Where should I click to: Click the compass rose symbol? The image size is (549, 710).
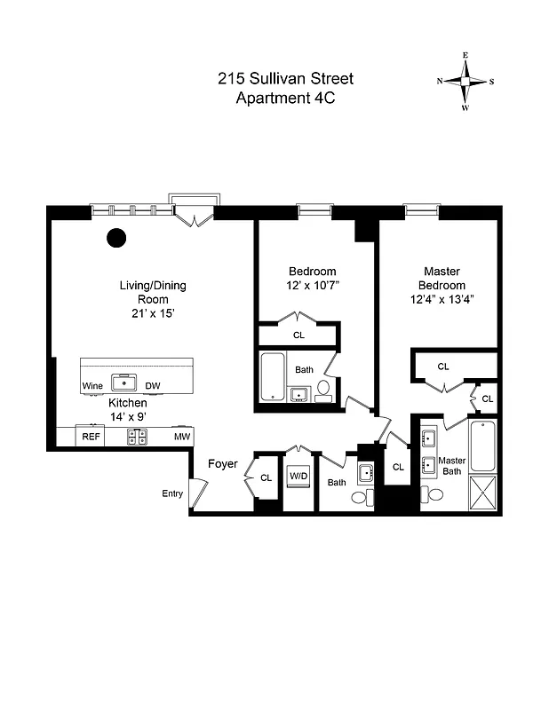[465, 82]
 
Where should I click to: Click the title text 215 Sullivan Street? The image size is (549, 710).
[277, 78]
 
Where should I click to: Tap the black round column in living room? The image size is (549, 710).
[115, 237]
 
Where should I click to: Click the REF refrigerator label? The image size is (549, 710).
[91, 437]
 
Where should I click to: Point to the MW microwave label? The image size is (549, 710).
[181, 437]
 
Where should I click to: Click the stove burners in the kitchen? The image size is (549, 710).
[138, 437]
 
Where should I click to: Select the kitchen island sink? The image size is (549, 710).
[123, 384]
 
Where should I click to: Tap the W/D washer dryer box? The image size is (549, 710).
[298, 477]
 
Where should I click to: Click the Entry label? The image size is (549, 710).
[171, 493]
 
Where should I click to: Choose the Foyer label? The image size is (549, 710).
[222, 464]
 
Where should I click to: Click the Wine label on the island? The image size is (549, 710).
[93, 386]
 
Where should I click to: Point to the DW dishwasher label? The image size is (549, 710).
[152, 386]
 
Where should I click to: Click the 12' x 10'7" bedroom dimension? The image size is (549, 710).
[313, 286]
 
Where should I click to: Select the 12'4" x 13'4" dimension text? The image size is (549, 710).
[444, 299]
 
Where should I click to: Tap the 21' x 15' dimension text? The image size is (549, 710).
[153, 312]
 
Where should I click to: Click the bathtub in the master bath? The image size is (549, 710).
[485, 446]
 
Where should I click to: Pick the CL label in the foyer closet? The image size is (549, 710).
[266, 477]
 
